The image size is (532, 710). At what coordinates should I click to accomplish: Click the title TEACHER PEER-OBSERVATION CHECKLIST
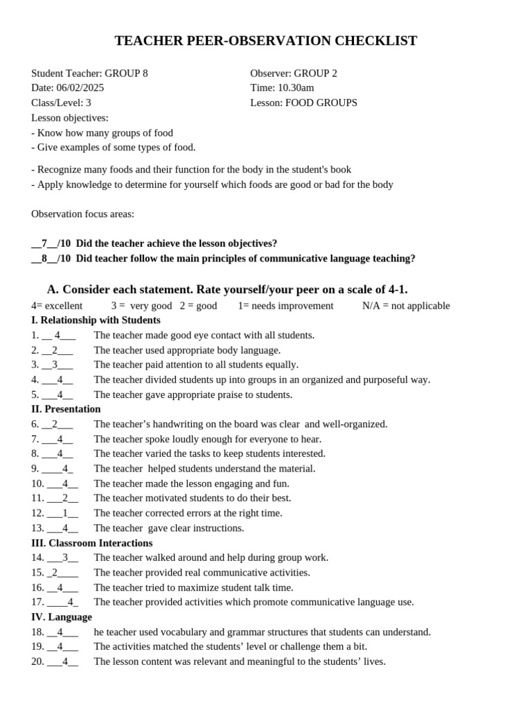coord(265,41)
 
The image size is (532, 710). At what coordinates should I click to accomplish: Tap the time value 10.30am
coord(296,88)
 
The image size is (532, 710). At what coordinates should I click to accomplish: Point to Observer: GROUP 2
coord(294,73)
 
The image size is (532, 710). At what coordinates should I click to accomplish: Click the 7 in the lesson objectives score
coord(44,243)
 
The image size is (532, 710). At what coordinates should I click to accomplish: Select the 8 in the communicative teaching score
coord(44,259)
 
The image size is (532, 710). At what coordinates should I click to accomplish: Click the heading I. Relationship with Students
coord(96,320)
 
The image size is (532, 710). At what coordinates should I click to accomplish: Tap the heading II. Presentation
coord(66,409)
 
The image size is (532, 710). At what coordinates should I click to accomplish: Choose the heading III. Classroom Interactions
coord(91,543)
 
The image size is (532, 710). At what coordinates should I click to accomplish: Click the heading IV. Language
coord(61,617)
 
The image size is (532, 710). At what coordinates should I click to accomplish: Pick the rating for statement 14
coord(65,557)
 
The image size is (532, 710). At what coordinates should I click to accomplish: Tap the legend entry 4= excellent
coord(57,306)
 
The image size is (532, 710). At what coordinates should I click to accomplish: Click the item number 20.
coord(37,661)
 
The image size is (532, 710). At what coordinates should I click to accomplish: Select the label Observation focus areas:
coord(82,214)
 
